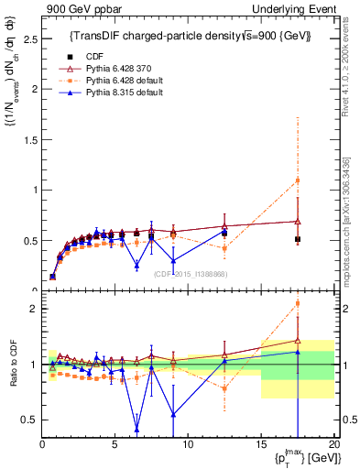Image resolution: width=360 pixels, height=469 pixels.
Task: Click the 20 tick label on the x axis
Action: pyautogui.click(x=333, y=444)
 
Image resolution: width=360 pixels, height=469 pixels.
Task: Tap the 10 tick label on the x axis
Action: pyautogui.click(x=188, y=444)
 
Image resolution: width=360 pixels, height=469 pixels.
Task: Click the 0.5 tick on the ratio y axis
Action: pyautogui.click(x=29, y=420)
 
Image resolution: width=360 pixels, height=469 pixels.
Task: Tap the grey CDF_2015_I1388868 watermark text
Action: pyautogui.click(x=191, y=273)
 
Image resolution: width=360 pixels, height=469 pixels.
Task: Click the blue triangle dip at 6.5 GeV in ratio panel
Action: pyautogui.click(x=136, y=428)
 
